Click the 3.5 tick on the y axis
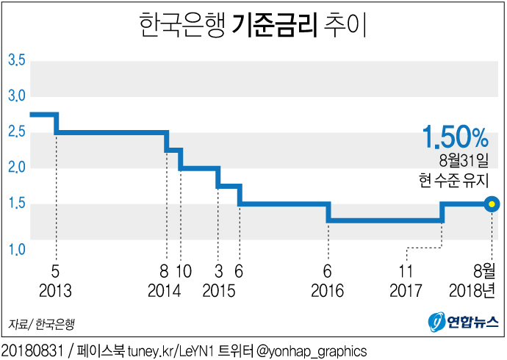tap(16, 60)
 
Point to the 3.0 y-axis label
tap(16, 96)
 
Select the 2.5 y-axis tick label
tap(16, 132)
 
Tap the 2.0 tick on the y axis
tap(16, 168)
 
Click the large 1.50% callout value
tap(455, 137)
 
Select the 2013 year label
tap(56, 290)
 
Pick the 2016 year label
tap(328, 290)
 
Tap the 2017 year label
tap(406, 290)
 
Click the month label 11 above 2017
tap(406, 270)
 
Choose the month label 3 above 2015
tap(219, 270)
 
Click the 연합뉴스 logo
tap(464, 321)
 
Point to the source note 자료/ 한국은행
tap(42, 323)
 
